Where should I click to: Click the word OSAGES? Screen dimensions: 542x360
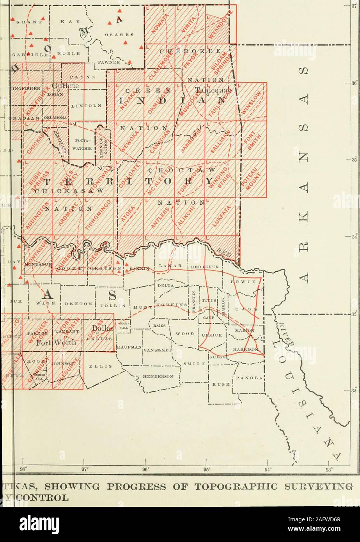[122, 34]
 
